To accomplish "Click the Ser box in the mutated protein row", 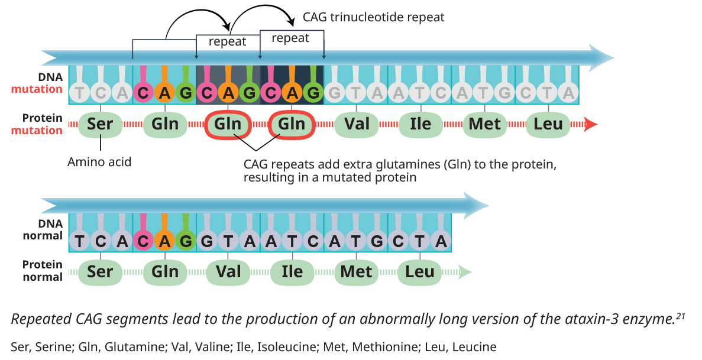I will (101, 125).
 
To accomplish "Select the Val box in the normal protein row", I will (228, 272).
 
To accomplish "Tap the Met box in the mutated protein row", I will (484, 125).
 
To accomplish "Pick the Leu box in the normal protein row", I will (420, 272).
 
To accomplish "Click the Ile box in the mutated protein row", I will (420, 125).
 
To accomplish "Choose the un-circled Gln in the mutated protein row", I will (164, 125).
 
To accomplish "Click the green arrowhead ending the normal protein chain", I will (465, 272).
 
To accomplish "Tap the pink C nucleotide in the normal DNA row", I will (143, 241).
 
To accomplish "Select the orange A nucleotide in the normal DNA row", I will (164, 241).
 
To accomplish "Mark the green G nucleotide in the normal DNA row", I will (186, 241).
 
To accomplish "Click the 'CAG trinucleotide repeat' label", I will (373, 17).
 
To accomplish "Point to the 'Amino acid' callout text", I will (99, 161).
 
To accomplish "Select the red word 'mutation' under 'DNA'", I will (37, 89).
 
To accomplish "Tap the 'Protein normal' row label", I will (42, 271).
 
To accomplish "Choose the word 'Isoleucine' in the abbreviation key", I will (293, 347).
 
